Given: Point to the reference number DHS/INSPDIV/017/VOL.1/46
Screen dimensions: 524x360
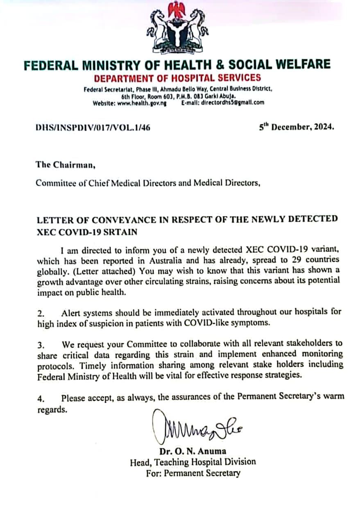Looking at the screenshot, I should click(93, 127).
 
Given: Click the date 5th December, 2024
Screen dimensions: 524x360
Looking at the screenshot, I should click(296, 127).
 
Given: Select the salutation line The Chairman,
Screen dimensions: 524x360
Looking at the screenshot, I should click(66, 165).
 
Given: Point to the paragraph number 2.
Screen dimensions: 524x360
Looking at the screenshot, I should click(41, 314).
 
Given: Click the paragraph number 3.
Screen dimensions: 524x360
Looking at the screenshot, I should click(41, 345).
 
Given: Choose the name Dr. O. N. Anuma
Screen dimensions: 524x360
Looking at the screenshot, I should click(193, 452).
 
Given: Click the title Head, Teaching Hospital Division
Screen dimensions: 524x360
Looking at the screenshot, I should click(193, 463).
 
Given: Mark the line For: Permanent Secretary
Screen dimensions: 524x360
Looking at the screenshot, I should click(193, 473).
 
